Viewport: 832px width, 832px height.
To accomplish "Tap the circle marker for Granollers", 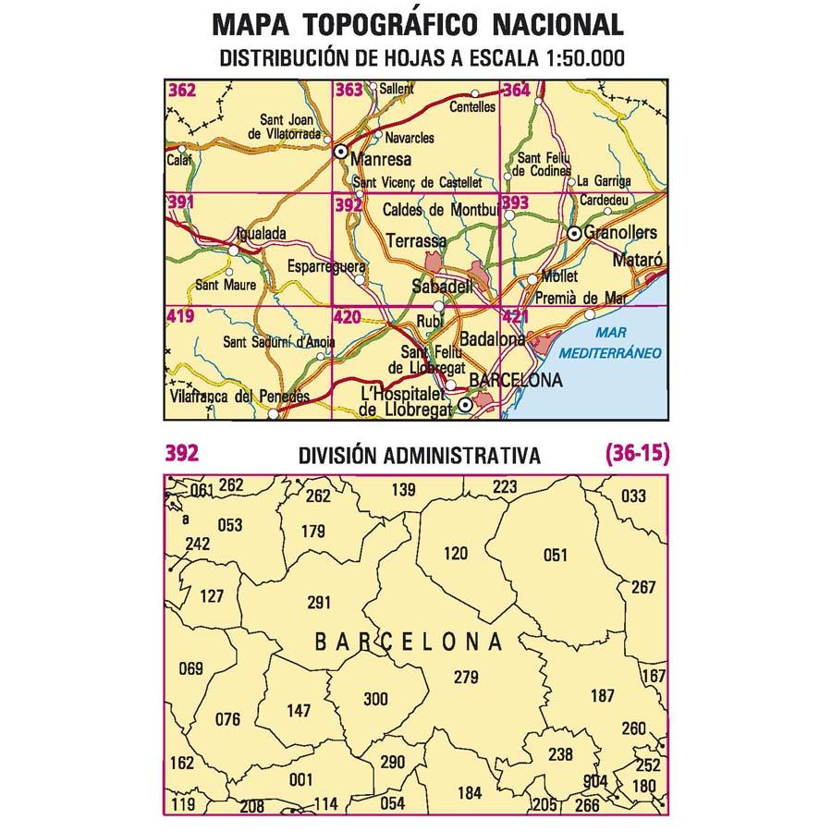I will coord(574,234).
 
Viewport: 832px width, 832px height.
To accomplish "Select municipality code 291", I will coord(318,603).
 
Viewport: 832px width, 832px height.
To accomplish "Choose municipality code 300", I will coord(376,699).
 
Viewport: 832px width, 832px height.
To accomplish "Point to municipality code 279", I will coord(466,678).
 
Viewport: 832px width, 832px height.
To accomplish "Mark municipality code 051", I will coord(555,555).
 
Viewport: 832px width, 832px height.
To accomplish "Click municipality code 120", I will coord(457,554).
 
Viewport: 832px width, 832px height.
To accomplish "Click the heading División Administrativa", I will coord(420,456).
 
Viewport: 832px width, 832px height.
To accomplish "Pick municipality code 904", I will coord(596,782).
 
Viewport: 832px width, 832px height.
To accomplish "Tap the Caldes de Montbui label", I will coord(440,210).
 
